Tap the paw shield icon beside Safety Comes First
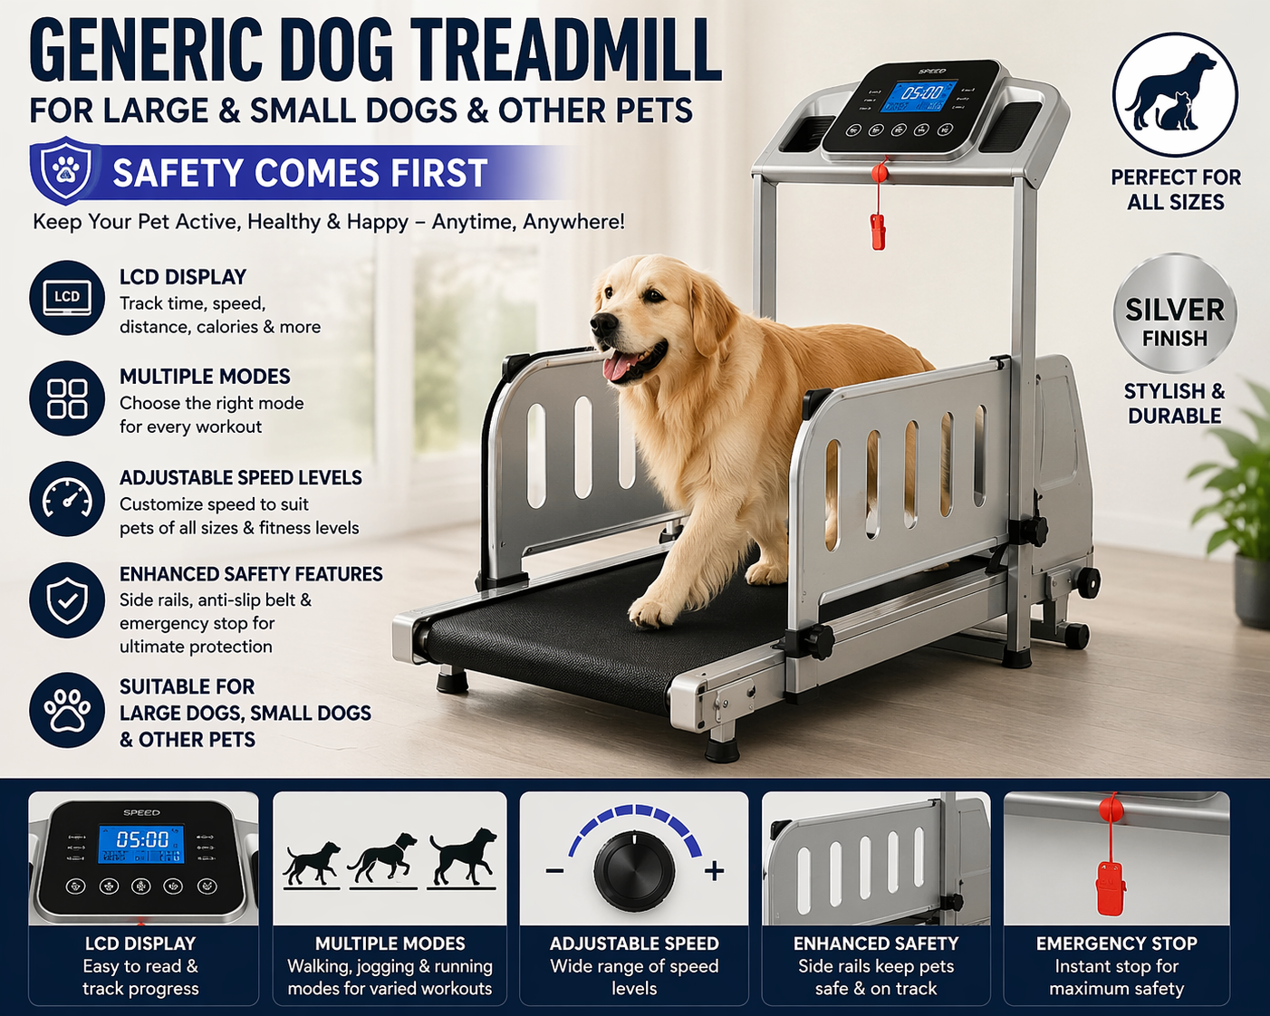tap(65, 170)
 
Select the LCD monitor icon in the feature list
tap(67, 297)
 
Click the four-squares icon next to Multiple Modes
tap(67, 398)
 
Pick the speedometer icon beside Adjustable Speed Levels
tap(67, 499)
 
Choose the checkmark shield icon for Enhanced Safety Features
tap(67, 599)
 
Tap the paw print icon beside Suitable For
tap(67, 710)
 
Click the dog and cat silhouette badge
tap(1175, 94)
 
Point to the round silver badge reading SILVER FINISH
tap(1175, 313)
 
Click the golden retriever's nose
tap(599, 323)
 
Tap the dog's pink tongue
tap(619, 366)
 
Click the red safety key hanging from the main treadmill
tap(878, 230)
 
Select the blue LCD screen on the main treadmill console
tap(920, 97)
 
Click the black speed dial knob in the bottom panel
tap(634, 871)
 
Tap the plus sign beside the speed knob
tap(715, 871)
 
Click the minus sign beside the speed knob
tap(555, 871)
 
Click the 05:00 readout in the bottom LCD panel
tap(143, 839)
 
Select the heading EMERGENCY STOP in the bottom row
tap(1116, 944)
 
